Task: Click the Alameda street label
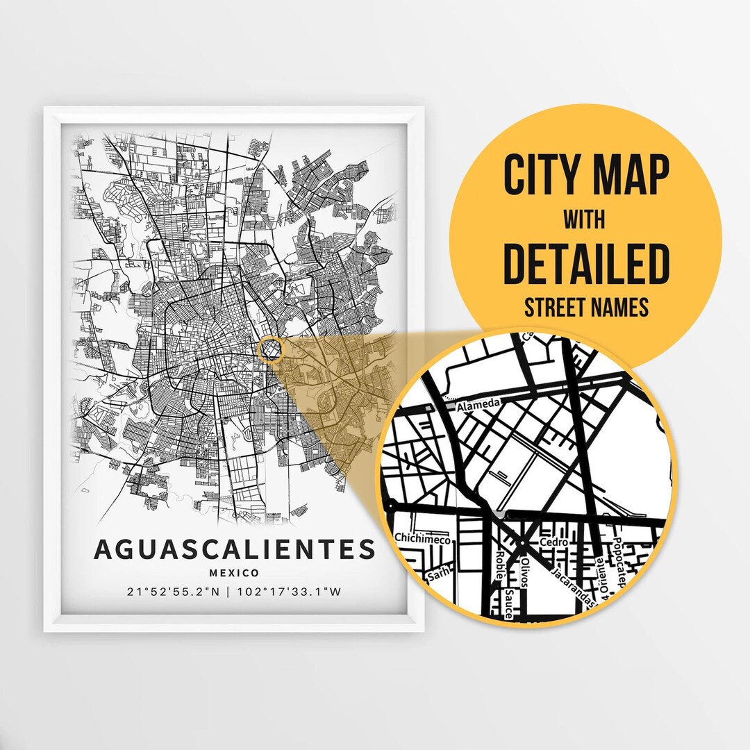(478, 404)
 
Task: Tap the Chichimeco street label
(423, 539)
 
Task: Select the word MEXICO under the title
(235, 573)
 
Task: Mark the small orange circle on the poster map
(270, 350)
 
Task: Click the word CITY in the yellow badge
(541, 176)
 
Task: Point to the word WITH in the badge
(585, 221)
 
